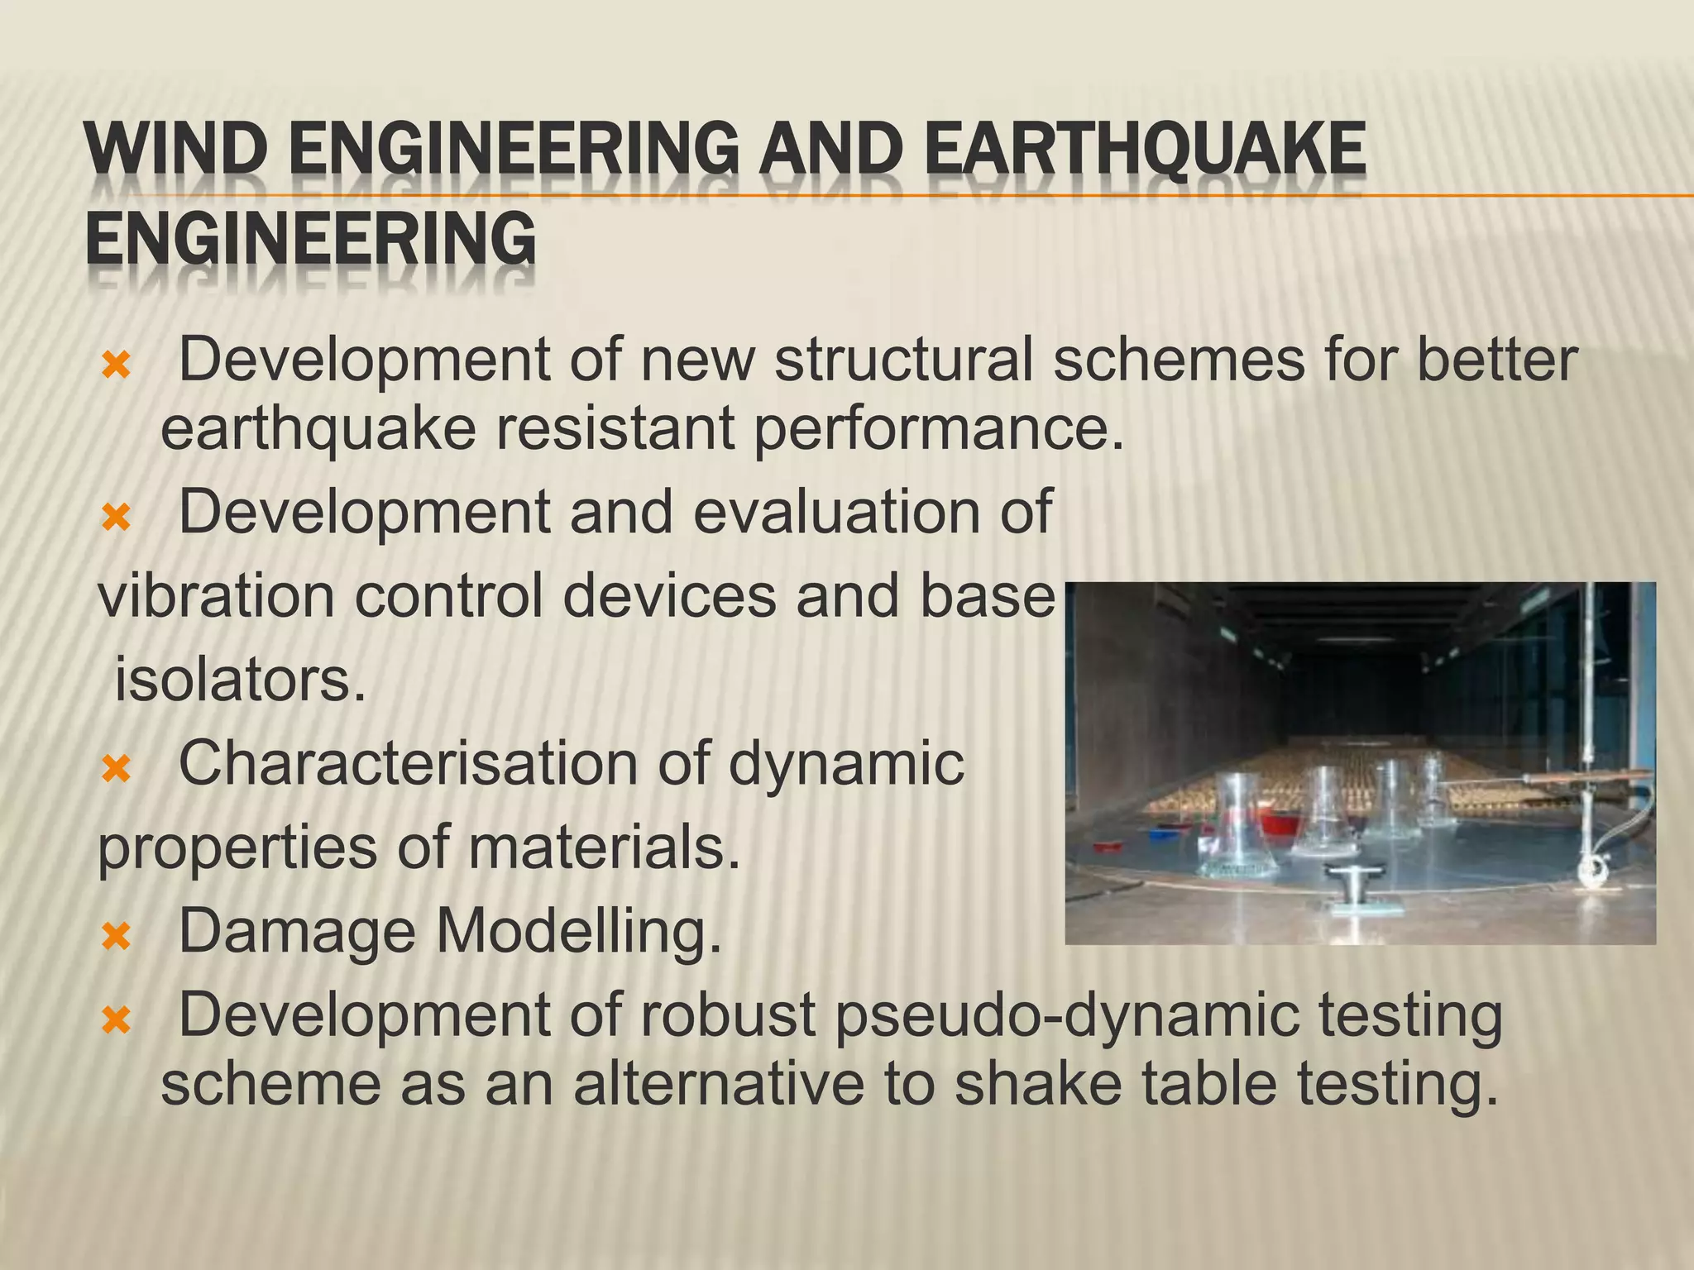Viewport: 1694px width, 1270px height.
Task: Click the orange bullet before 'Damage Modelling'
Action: click(116, 937)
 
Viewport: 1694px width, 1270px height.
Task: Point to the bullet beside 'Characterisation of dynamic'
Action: click(116, 770)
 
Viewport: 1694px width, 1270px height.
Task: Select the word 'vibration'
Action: click(217, 596)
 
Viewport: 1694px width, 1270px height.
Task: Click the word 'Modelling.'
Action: click(579, 932)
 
